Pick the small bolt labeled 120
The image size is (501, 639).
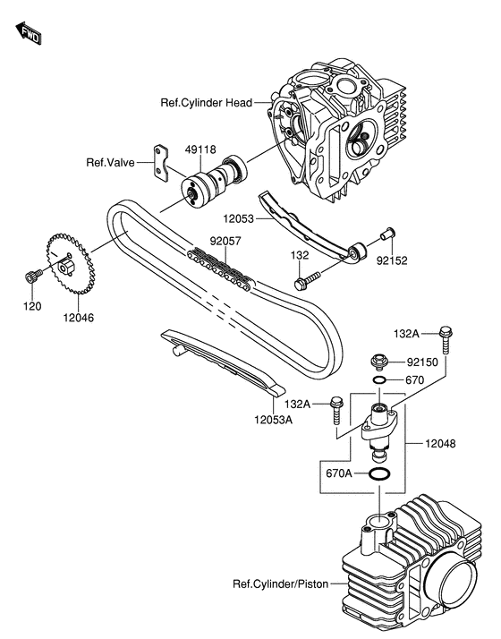coord(31,274)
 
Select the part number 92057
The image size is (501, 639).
coord(225,241)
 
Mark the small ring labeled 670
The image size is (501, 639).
coord(379,379)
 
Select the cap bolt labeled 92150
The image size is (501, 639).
coord(378,362)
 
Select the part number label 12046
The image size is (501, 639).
coord(78,317)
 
